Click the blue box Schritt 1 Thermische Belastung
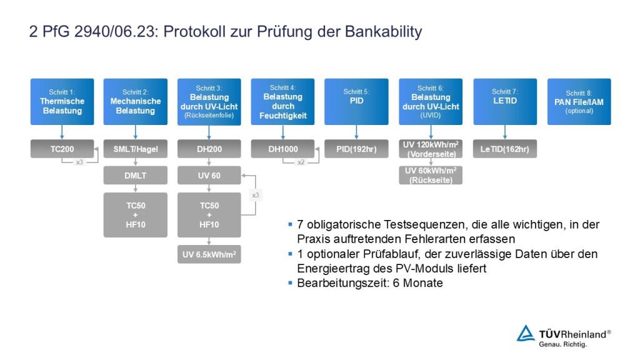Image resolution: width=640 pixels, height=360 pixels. (62, 101)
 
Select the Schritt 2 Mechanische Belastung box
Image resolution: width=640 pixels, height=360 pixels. (136, 101)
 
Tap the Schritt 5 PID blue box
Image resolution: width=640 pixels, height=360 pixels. (356, 101)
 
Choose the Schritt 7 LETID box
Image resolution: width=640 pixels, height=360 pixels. (505, 101)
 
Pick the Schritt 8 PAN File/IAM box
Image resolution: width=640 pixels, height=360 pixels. (579, 101)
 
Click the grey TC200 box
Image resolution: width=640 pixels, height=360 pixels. (62, 149)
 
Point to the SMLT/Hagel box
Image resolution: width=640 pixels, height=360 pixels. (136, 149)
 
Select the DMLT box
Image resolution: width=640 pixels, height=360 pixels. (136, 176)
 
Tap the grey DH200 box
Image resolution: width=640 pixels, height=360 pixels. (209, 149)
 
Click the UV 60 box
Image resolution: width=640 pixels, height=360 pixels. (209, 176)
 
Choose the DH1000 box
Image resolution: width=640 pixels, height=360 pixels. (283, 149)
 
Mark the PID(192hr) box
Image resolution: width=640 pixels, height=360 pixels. (356, 149)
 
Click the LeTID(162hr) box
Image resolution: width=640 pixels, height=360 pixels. (505, 149)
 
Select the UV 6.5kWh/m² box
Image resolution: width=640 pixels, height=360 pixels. (209, 255)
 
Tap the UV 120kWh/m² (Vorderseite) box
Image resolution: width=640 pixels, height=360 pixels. (431, 149)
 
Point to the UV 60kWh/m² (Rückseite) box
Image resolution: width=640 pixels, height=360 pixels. (431, 176)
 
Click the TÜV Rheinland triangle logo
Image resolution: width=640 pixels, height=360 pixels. (526, 333)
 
